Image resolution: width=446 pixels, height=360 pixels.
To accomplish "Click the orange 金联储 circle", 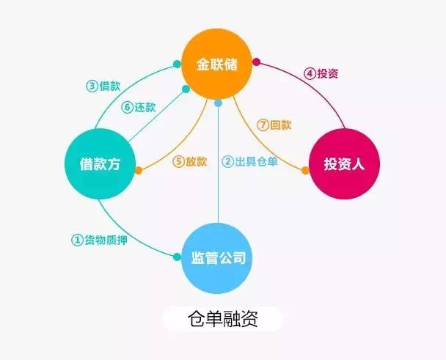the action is coord(217,65).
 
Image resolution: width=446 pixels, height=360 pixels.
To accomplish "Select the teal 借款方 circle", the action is coord(100,164).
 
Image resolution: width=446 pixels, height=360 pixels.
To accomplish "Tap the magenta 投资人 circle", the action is coord(344,164).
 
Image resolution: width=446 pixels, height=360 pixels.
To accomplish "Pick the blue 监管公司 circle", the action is coord(217,258).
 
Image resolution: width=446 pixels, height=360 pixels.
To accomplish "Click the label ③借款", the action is coord(103,86).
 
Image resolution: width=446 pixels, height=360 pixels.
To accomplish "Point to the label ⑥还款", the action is coord(139,107).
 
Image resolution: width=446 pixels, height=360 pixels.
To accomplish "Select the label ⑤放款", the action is coord(190,161).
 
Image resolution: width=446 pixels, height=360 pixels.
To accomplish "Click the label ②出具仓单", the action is coord(249,161).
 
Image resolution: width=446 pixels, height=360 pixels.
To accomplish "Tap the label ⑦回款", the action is coord(274,125).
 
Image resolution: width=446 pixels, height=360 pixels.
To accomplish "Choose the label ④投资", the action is coord(321,73).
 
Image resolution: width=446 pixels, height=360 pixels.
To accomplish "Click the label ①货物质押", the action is coord(99,240).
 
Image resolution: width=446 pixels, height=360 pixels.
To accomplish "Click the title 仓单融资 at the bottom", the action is coord(223,319).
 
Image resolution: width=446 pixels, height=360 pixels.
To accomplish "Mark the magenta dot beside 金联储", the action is coord(256,62).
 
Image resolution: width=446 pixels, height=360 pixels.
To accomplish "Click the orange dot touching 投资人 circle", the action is coord(305,170).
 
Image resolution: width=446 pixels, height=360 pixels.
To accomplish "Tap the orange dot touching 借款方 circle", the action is coord(139,170).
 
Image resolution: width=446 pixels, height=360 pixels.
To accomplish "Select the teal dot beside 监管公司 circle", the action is coord(177,257).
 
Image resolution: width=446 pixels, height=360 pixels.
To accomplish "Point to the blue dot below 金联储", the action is coord(218,103).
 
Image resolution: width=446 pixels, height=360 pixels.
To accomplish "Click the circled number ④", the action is coord(310,73).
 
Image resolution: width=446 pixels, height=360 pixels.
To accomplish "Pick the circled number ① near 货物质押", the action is coord(77,240).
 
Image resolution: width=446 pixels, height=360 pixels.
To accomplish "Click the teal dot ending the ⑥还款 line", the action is coord(186,89).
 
